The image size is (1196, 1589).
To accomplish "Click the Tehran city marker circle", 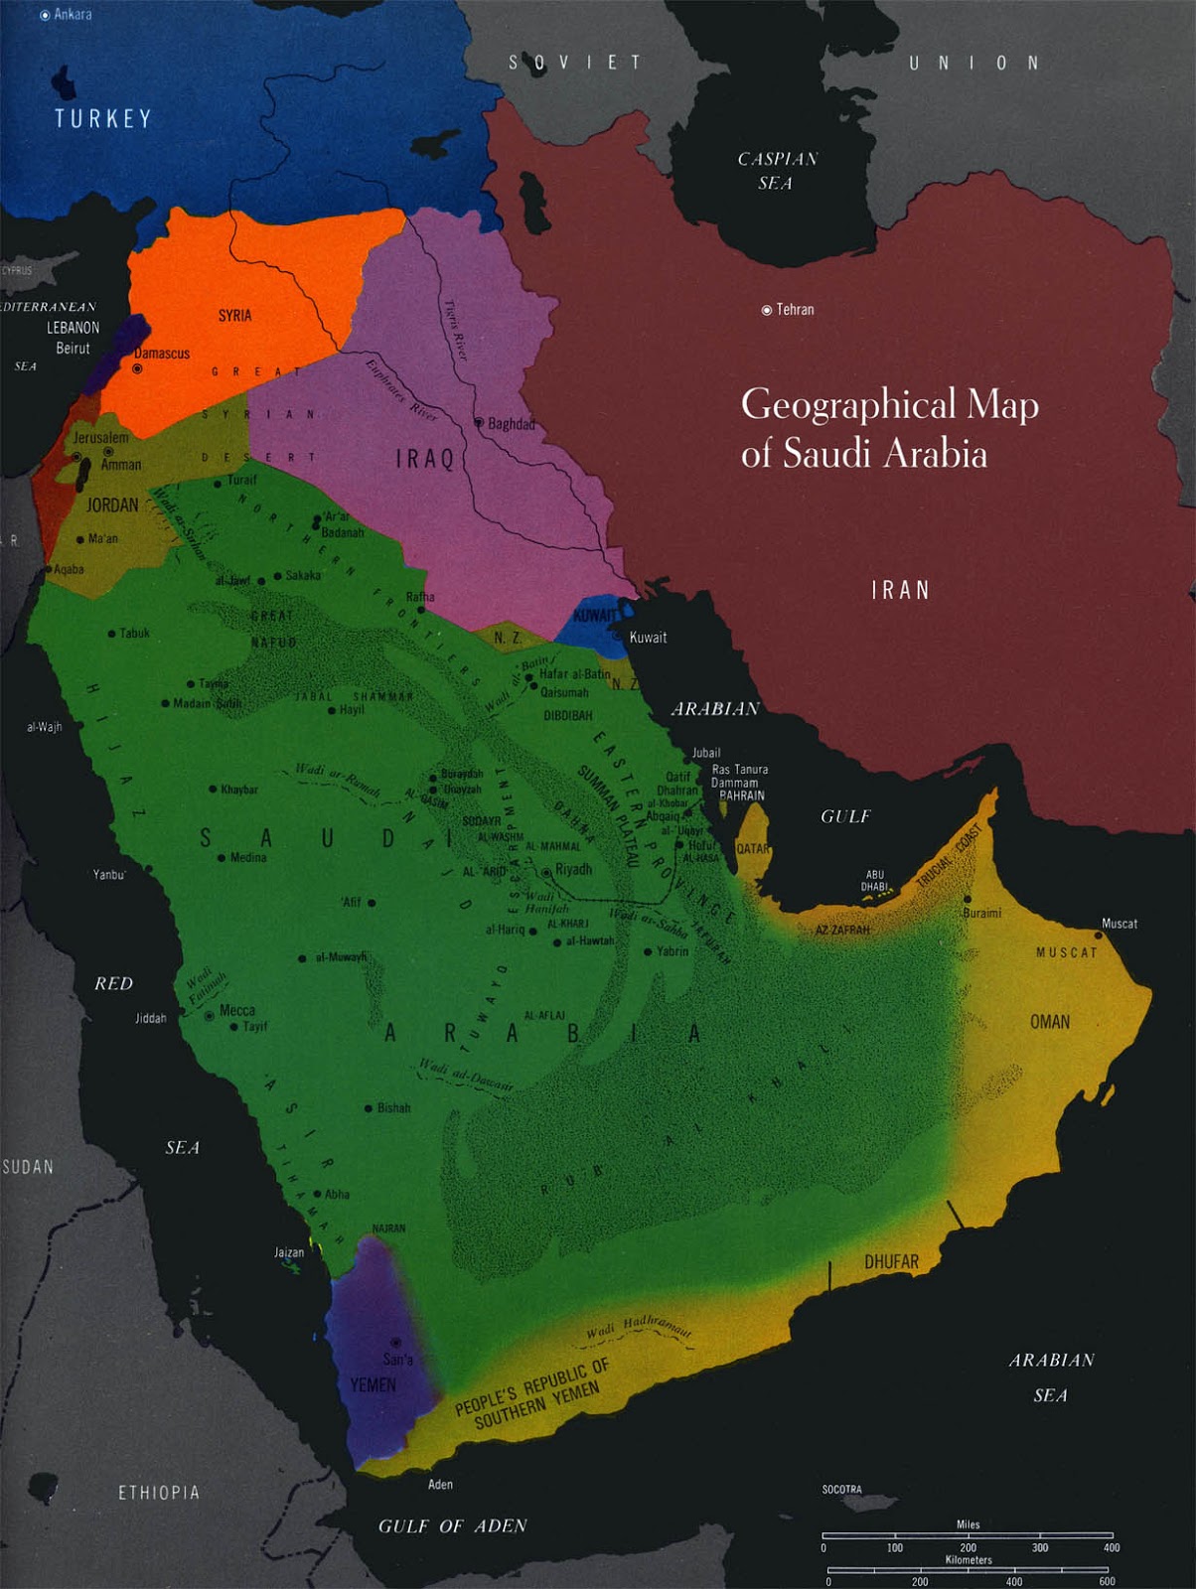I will [766, 311].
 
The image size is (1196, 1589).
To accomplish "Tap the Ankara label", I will [73, 14].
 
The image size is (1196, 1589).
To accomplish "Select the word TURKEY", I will [103, 119].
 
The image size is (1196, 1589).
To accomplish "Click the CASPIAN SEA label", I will [777, 171].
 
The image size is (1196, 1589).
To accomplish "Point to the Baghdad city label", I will [511, 424].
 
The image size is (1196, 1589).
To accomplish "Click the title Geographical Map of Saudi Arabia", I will [889, 428].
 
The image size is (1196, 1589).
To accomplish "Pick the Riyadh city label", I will [573, 869].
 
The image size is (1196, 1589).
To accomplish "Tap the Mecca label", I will [236, 1010].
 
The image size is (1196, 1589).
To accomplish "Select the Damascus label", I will [162, 354].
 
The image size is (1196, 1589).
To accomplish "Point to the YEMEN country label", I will [373, 1384].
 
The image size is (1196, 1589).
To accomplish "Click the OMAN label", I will [1050, 1022].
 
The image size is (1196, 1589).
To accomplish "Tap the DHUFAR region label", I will [891, 1261].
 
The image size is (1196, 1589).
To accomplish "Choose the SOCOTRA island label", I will [841, 1489].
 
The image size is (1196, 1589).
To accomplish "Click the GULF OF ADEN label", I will [452, 1525].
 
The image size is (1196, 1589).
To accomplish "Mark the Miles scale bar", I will [967, 1535].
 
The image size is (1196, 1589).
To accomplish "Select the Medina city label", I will [247, 857].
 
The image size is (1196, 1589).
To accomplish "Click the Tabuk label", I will [134, 633].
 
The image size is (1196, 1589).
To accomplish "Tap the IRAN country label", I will [900, 590].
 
